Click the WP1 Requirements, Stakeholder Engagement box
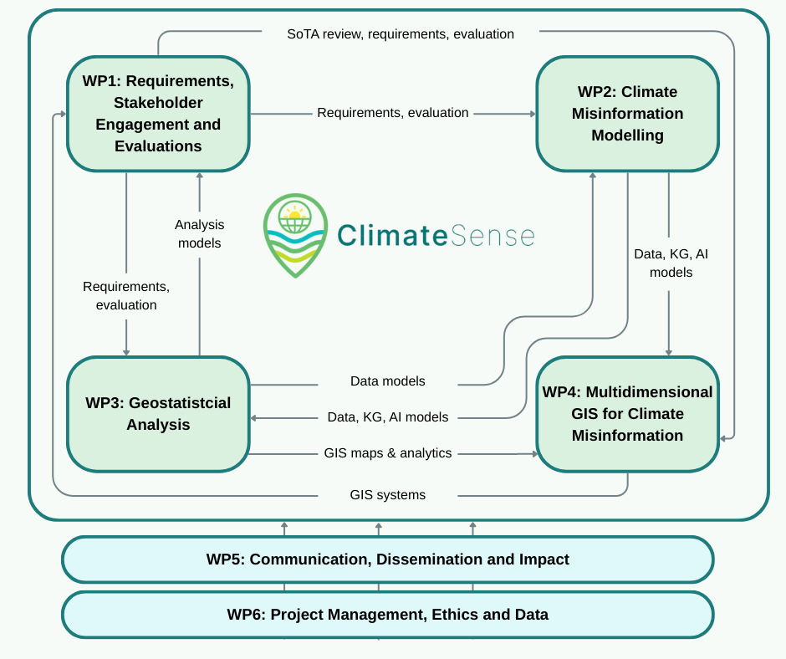point(158,113)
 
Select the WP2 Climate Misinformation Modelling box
point(627,113)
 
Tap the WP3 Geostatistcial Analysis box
point(158,413)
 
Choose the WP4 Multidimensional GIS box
point(627,413)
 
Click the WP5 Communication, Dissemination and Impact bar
point(387,559)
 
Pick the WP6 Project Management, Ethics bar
point(387,615)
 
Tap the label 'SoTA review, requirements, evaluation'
point(401,34)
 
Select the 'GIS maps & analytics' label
point(388,453)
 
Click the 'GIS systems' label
point(388,495)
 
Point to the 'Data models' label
point(388,381)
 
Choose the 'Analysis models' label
point(199,233)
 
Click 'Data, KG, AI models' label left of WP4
point(388,416)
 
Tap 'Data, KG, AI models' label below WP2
point(671,263)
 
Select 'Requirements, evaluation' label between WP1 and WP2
point(393,112)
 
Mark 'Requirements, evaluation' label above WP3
point(126,296)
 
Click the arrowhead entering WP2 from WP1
point(532,113)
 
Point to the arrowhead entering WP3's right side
point(254,417)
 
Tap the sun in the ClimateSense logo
point(294,215)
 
